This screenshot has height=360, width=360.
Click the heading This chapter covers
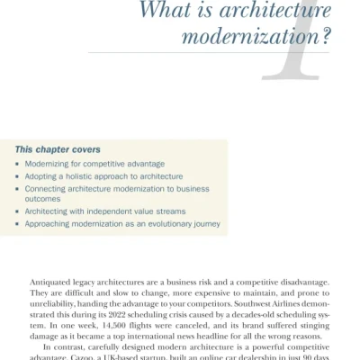57,148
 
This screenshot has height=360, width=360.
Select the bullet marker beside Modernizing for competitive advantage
18,165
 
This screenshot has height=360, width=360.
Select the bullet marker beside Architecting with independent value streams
18,211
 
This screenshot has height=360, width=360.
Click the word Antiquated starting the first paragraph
51,281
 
